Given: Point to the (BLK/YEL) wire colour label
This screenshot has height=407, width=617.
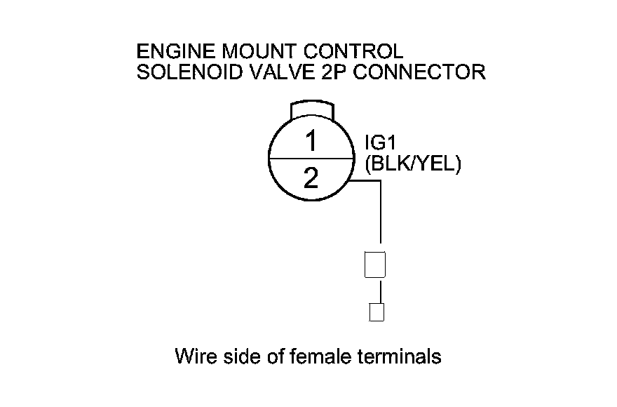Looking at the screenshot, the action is click(412, 166).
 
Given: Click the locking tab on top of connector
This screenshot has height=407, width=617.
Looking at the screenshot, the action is click(312, 110).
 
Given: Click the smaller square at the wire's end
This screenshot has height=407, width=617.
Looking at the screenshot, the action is click(377, 312).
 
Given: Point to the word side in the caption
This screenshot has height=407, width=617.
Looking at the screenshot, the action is click(235, 356).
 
